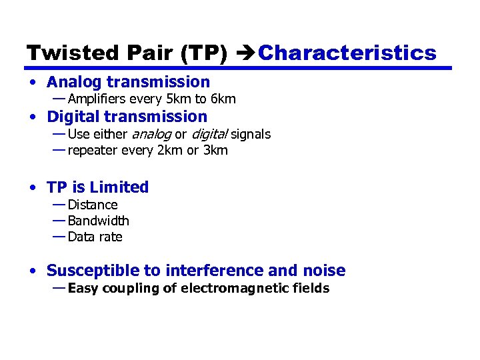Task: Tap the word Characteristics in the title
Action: click(x=347, y=53)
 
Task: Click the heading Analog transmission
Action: click(x=128, y=82)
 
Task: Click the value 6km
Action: click(x=223, y=99)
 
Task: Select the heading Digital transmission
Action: click(x=127, y=117)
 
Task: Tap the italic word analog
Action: click(x=151, y=135)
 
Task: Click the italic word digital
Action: click(x=209, y=135)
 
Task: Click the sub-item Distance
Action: click(x=93, y=205)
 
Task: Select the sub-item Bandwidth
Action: click(x=99, y=221)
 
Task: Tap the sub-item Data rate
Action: click(x=95, y=237)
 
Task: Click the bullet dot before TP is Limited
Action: click(x=33, y=188)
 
